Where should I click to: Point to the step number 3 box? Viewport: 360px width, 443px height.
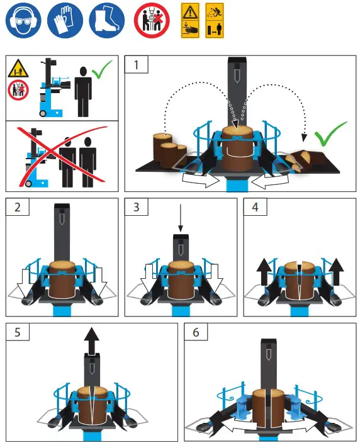coord(135,208)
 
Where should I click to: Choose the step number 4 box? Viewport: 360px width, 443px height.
coord(253,208)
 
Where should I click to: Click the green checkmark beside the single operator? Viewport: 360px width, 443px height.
coord(102,71)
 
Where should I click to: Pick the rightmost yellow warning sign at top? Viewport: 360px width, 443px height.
coord(215,20)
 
